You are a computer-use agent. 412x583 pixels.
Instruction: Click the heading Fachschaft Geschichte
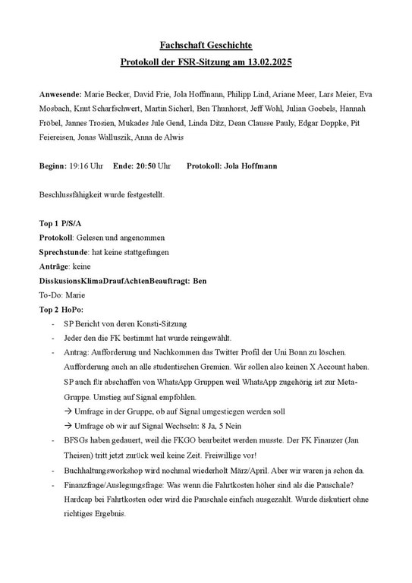(x=206, y=46)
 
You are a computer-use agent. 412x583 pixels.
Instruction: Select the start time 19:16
(x=77, y=165)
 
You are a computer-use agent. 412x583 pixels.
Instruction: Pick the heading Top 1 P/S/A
(x=58, y=223)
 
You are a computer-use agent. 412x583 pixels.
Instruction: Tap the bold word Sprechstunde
(x=64, y=252)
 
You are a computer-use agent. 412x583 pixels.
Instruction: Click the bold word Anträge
(x=53, y=266)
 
